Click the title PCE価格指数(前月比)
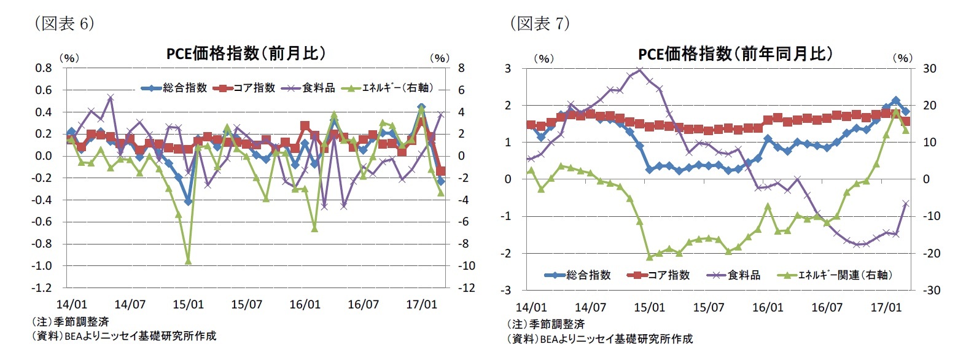246,54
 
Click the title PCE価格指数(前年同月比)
735,54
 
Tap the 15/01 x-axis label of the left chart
188,304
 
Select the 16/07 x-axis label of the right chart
827,307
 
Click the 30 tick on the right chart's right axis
930,69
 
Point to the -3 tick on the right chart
507,290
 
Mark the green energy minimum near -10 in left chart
188,261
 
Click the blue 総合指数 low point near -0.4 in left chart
188,202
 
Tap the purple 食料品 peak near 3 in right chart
640,69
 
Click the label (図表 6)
64,23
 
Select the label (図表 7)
540,23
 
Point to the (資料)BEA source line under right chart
599,338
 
